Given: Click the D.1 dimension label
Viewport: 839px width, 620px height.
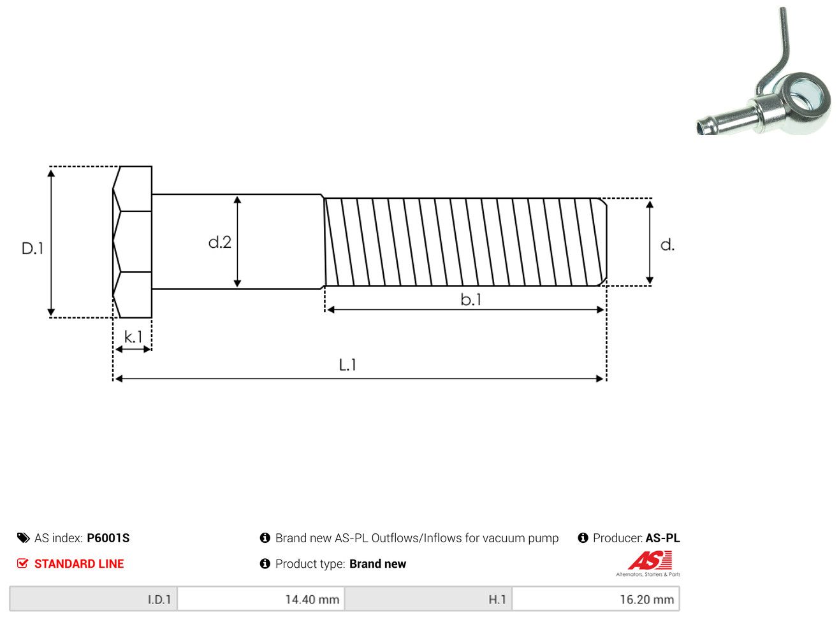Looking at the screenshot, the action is click(33, 249).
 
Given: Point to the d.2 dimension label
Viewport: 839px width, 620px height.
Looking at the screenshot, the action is click(220, 242).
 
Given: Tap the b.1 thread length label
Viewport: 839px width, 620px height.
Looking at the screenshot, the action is click(471, 299).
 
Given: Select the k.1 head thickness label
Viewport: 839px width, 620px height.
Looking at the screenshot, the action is click(133, 336).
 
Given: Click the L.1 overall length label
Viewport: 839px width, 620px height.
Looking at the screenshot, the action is click(347, 365).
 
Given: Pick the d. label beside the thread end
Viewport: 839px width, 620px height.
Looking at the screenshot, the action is click(668, 245).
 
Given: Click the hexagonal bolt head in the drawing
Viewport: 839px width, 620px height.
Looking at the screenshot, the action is click(132, 242).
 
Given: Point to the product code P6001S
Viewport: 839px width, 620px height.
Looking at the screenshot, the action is click(108, 538).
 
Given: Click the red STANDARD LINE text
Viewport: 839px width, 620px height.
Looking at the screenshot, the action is click(79, 564).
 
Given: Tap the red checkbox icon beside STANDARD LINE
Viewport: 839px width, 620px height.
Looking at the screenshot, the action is click(22, 563).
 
